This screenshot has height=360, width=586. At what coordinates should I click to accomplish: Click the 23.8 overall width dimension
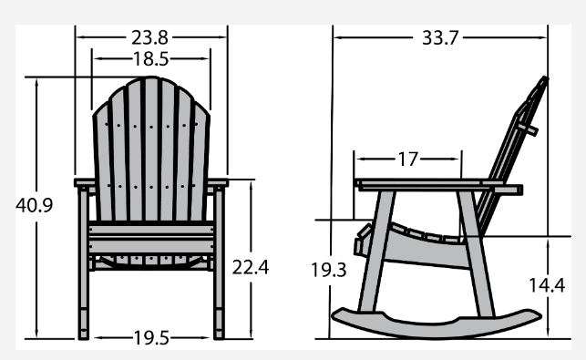[x=149, y=37]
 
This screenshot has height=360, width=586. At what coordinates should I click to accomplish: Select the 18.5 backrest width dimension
[x=151, y=59]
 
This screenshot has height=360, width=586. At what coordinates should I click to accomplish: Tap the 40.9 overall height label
[x=35, y=205]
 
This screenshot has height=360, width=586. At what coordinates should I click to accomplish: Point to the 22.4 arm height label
[x=251, y=267]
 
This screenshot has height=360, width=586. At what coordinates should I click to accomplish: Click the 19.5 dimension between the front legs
[x=151, y=338]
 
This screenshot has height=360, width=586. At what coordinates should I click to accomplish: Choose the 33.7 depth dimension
[x=440, y=37]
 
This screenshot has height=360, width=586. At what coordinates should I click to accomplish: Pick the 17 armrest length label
[x=408, y=159]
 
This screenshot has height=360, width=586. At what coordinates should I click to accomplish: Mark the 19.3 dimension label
[x=329, y=270]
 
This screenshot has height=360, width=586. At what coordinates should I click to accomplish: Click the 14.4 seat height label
[x=547, y=285]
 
